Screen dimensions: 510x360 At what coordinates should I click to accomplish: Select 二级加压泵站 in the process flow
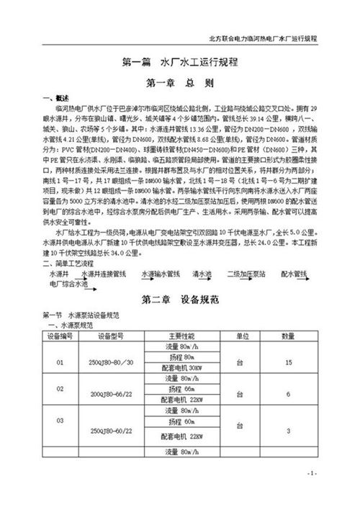coord(245,275)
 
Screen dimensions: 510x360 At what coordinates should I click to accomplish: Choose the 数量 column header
coord(288,336)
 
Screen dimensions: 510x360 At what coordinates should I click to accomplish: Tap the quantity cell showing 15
coord(288,362)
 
